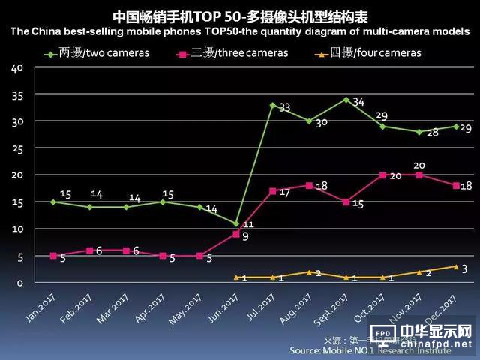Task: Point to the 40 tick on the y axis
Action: (17, 67)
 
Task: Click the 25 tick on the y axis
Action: (17, 148)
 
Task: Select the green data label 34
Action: (358, 102)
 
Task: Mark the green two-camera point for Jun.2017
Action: (236, 223)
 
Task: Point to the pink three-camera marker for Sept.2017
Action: (346, 202)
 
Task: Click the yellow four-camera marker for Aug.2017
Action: (309, 271)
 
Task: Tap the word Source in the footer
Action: (307, 350)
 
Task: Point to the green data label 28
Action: (432, 133)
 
